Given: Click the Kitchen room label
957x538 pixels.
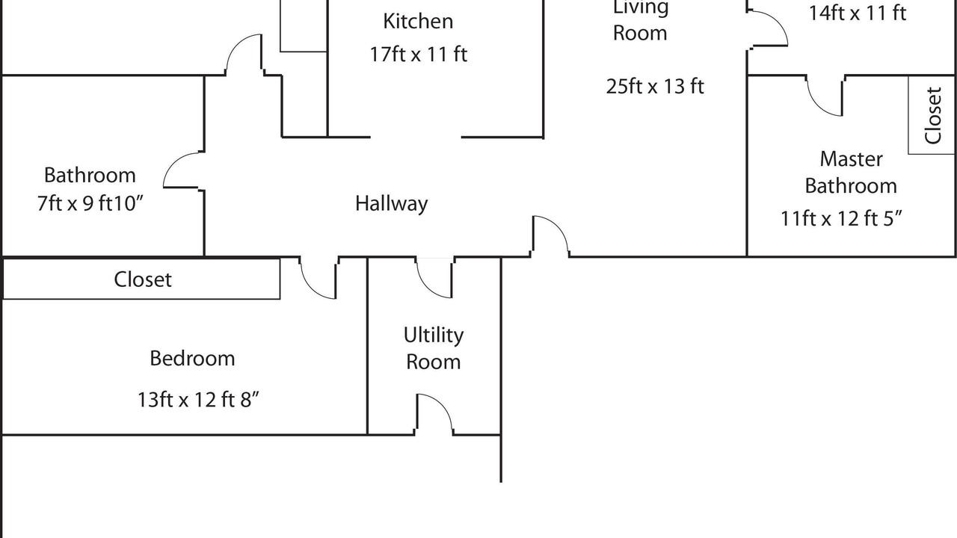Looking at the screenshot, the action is [x=418, y=22].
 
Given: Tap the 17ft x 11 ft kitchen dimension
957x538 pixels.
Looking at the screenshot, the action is [x=418, y=55].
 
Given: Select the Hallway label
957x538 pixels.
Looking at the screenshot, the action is [x=391, y=204].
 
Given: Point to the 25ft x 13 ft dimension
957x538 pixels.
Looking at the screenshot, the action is [x=655, y=86].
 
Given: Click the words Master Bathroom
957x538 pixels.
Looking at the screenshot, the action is [x=851, y=173].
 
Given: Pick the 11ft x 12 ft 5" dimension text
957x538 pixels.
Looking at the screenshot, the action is [x=841, y=219].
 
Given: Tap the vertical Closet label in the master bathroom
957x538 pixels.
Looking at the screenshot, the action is [x=932, y=115].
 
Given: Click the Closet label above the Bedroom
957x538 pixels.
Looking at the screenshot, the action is [x=143, y=279].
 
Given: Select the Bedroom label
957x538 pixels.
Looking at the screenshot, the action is [x=192, y=358].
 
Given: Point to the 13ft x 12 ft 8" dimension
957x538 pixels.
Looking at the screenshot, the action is [x=198, y=400].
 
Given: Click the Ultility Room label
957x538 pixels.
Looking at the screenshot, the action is [x=433, y=348].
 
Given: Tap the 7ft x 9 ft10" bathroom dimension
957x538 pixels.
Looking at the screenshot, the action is [x=90, y=203].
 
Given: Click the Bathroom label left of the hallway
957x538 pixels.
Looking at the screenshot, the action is [x=90, y=175].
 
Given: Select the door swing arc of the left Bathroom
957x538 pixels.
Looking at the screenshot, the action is [x=172, y=162].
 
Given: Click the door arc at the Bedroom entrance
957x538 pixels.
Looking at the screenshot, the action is [x=310, y=288].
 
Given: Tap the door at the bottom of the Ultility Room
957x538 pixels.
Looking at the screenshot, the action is [x=443, y=403].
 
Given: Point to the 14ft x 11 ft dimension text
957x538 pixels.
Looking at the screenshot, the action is [x=858, y=13].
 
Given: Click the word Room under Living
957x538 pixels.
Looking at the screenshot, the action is [x=640, y=34].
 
